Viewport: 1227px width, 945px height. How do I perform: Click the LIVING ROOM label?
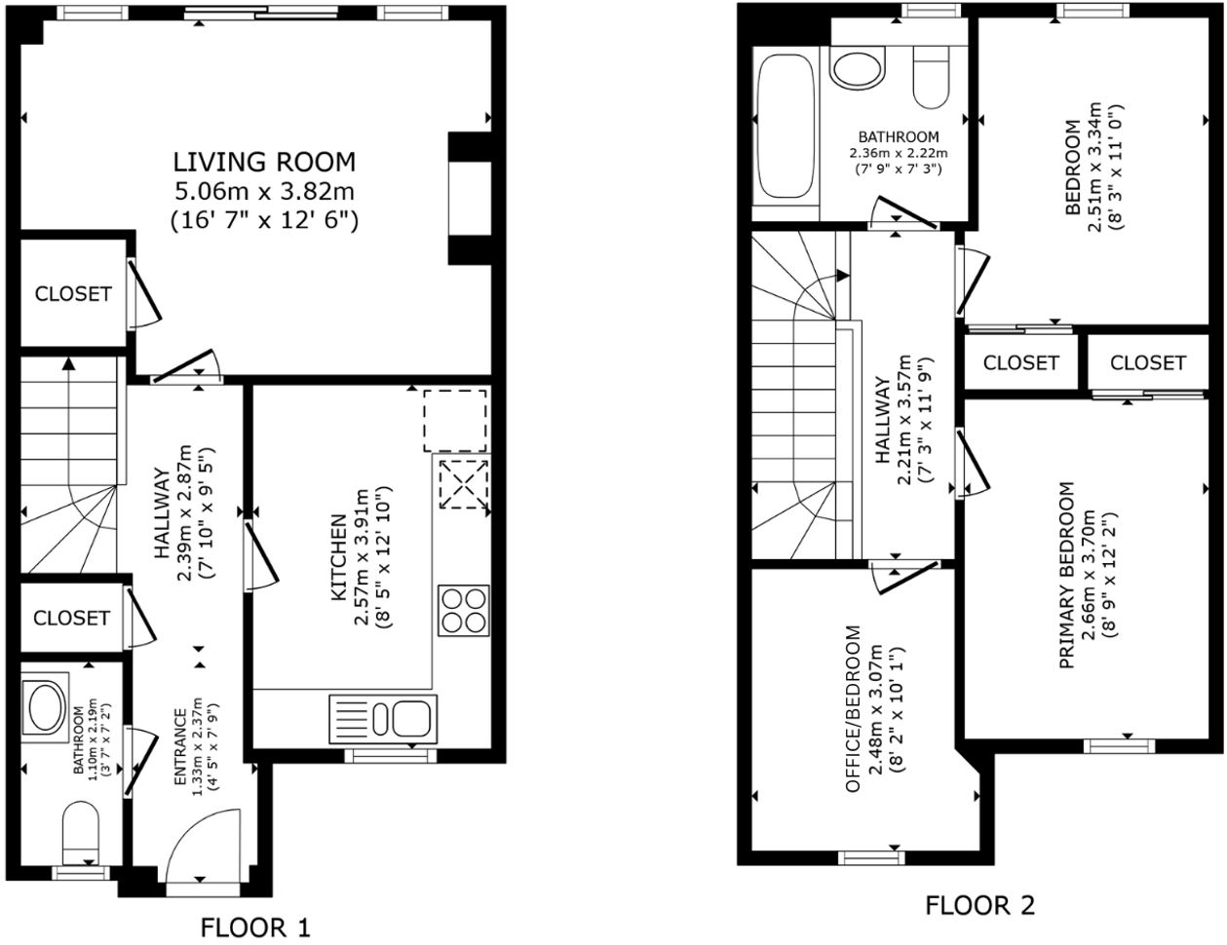pos(264,162)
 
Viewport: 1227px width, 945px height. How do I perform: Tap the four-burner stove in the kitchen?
pos(463,611)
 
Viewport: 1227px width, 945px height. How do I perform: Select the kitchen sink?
pos(383,719)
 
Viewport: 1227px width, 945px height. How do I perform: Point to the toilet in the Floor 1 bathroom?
pos(77,834)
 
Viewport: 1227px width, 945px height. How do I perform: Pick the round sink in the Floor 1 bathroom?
pos(45,707)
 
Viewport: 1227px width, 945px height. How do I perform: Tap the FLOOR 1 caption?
pos(255,926)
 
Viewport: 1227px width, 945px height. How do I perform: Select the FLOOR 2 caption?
pos(979,905)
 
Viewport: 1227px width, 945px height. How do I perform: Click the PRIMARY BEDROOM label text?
pos(1068,575)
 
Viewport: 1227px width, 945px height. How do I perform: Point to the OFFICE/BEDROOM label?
pos(853,708)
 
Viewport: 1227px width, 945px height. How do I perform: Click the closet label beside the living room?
pos(73,293)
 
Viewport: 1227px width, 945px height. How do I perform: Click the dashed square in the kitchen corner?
pos(454,420)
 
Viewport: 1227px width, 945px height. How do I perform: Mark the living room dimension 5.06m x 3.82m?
pos(264,191)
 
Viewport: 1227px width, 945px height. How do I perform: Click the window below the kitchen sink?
pos(392,755)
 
